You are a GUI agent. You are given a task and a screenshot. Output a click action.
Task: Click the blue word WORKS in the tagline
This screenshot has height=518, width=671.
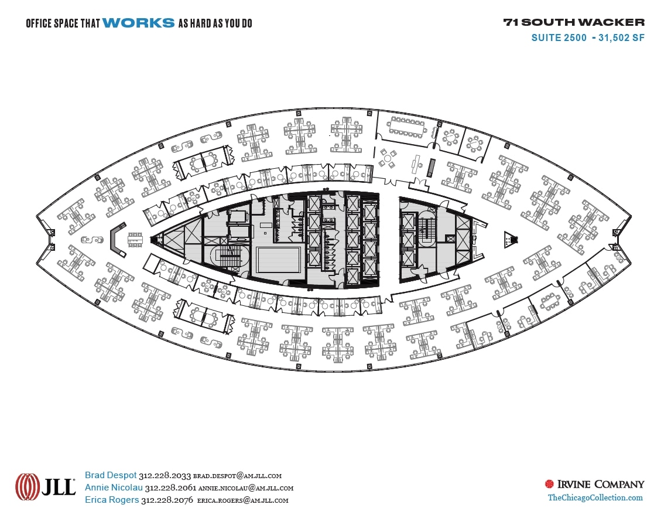(x=138, y=23)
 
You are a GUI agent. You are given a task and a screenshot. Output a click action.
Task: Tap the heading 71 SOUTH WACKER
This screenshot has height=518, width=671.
(x=574, y=23)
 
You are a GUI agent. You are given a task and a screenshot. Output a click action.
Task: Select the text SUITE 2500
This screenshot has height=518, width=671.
(x=559, y=38)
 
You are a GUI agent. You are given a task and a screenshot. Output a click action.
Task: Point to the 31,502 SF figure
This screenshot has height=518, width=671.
(x=622, y=38)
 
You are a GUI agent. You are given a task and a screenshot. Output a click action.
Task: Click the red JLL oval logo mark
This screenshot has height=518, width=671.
(x=28, y=487)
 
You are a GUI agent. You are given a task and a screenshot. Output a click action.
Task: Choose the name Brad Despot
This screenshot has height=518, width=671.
(x=111, y=475)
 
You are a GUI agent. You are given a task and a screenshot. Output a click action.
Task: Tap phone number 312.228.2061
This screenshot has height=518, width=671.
(x=170, y=488)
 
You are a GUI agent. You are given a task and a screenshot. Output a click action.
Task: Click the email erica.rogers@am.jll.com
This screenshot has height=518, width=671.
(x=242, y=500)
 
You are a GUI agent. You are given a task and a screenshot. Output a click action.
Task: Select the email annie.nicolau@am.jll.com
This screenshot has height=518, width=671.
(x=245, y=488)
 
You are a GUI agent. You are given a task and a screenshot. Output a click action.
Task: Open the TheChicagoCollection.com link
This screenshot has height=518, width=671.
(x=595, y=497)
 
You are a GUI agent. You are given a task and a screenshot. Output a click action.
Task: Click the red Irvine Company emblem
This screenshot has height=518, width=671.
(x=549, y=484)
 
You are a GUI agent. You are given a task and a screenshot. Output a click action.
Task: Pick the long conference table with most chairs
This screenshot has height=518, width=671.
(x=408, y=126)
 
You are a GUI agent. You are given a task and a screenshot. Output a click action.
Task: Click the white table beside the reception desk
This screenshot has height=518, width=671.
(x=135, y=239)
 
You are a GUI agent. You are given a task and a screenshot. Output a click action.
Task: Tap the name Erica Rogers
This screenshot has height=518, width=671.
(x=112, y=500)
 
